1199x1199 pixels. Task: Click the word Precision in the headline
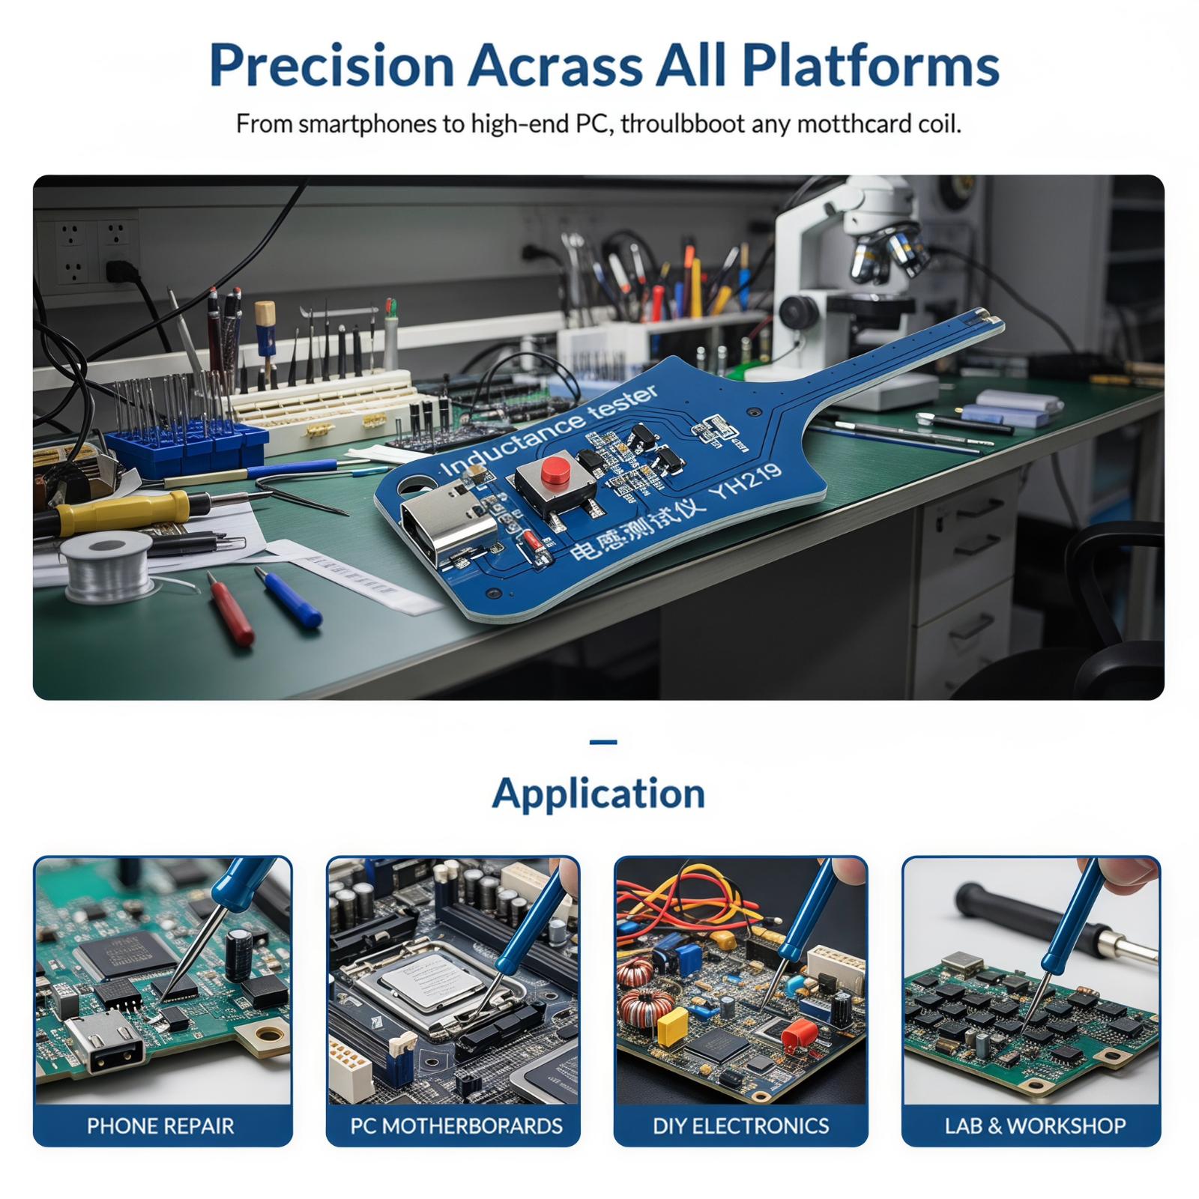[x=332, y=66]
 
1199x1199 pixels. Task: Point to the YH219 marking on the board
[x=747, y=485]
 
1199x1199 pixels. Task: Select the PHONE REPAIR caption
[x=160, y=1126]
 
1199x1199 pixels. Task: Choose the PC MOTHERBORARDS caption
[x=456, y=1126]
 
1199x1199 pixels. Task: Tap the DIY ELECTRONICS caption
[x=741, y=1126]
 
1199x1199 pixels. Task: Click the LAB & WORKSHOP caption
[x=1035, y=1126]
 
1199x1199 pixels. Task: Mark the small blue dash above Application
[x=603, y=742]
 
